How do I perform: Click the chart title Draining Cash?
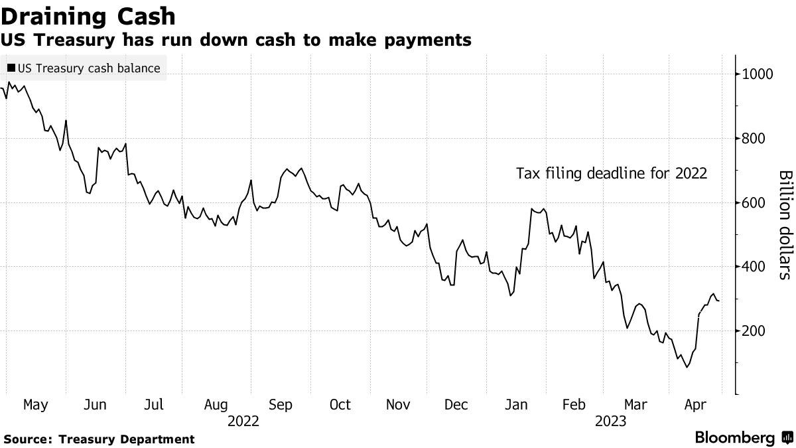point(89,16)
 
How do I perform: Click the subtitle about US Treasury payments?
point(236,40)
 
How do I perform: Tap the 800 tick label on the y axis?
point(755,139)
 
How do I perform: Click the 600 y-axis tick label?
point(755,203)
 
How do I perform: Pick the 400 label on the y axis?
point(755,267)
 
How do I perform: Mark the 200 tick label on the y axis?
point(755,331)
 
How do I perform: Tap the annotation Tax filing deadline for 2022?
point(612,174)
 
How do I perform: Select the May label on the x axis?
point(35,405)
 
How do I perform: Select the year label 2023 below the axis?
point(611,421)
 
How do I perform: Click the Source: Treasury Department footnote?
point(99,439)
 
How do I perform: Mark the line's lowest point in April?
point(687,367)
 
